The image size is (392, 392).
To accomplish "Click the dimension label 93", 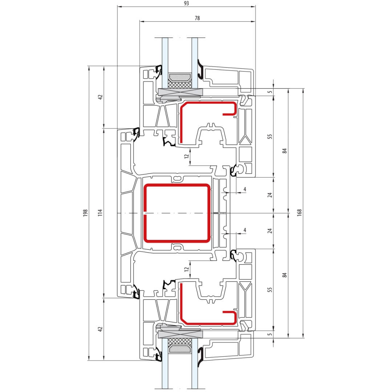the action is pos(186,3).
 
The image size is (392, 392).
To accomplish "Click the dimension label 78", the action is pos(197,18).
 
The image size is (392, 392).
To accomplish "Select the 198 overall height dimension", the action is pos(86,213).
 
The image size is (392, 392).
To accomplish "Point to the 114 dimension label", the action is pos(100,213).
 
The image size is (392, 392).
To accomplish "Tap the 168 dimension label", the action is pos(300,212).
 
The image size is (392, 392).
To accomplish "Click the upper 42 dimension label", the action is pos(100,97).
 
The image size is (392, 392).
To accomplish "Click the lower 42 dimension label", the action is pos(100,329).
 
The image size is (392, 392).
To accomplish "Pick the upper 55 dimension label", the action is pos(269,136).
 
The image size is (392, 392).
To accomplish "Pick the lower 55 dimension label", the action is pos(269,290).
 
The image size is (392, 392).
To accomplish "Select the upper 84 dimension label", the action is pos(285,151).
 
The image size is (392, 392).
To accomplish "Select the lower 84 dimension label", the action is pos(285,275).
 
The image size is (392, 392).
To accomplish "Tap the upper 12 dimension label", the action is pos(187,156).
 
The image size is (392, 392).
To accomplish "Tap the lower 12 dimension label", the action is pos(187,269).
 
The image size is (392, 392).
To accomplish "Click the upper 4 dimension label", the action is pos(245,189).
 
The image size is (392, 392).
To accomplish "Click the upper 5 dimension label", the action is pos(269,92).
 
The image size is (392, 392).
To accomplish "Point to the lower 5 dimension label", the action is pos(269,334).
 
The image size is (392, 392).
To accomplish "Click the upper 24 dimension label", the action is pos(269,195).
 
